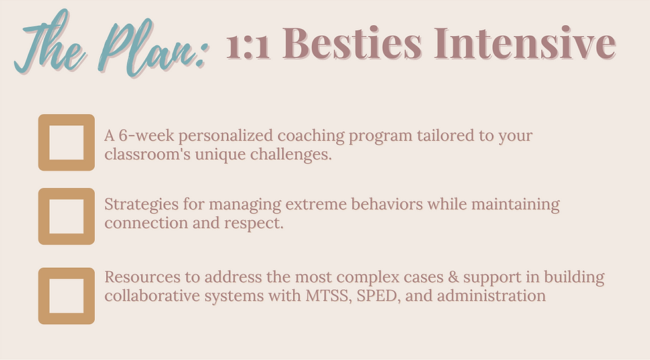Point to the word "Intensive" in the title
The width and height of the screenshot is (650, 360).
click(525, 44)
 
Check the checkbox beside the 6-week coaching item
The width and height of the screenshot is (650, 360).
click(66, 143)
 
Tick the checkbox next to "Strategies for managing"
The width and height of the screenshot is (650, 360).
click(66, 216)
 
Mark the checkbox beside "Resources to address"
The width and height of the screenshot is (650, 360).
click(66, 296)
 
